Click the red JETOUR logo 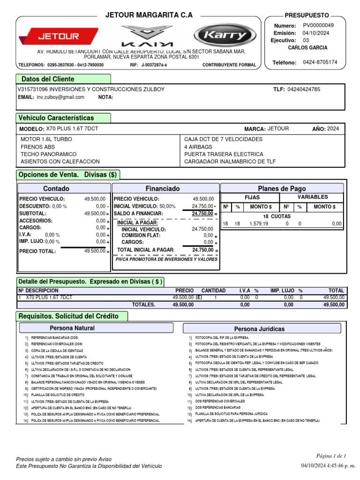pos(58,36)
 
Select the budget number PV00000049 pos(318,25)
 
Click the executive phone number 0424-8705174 pos(320,62)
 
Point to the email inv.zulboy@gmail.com pos(60,97)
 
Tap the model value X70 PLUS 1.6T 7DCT pos(72,128)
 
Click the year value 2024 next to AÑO pos(333,128)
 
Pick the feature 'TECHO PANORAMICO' pos(48,154)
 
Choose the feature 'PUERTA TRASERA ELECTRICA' pos(224,154)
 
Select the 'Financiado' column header pos(162,188)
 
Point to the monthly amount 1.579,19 pos(259,224)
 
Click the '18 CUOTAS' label pos(277,216)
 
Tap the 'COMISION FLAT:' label pos(141,235)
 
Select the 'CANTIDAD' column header pos(213,291)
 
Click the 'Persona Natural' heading pos(72,328)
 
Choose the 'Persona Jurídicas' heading pos(259,329)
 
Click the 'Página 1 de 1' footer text pos(331,456)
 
